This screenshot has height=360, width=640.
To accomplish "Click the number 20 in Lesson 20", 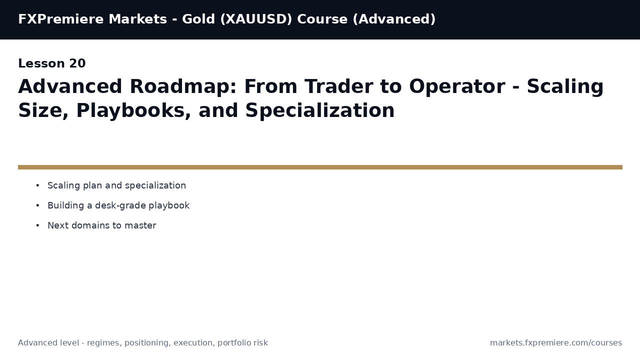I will pos(77,64).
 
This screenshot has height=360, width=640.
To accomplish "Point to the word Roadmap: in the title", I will pos(183,87).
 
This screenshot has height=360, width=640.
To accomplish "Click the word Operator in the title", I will pos(457,87).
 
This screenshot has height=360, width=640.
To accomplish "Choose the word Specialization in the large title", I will pos(320,111).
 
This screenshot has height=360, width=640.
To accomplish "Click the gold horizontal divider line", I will pos(320,167).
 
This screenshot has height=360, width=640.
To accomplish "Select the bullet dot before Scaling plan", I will pos(37,186).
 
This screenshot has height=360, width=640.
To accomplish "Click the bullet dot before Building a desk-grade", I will pos(37,206).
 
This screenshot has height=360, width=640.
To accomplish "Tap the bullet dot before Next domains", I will pos(37,226).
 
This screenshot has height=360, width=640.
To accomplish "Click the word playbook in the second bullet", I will pos(169,206).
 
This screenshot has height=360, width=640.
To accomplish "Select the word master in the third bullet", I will pos(143,226).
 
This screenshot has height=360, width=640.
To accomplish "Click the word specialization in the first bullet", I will pos(155,186).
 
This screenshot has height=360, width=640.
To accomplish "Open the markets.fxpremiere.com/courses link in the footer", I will pos(556,343).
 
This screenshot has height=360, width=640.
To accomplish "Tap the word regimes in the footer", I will pos(103,343).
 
